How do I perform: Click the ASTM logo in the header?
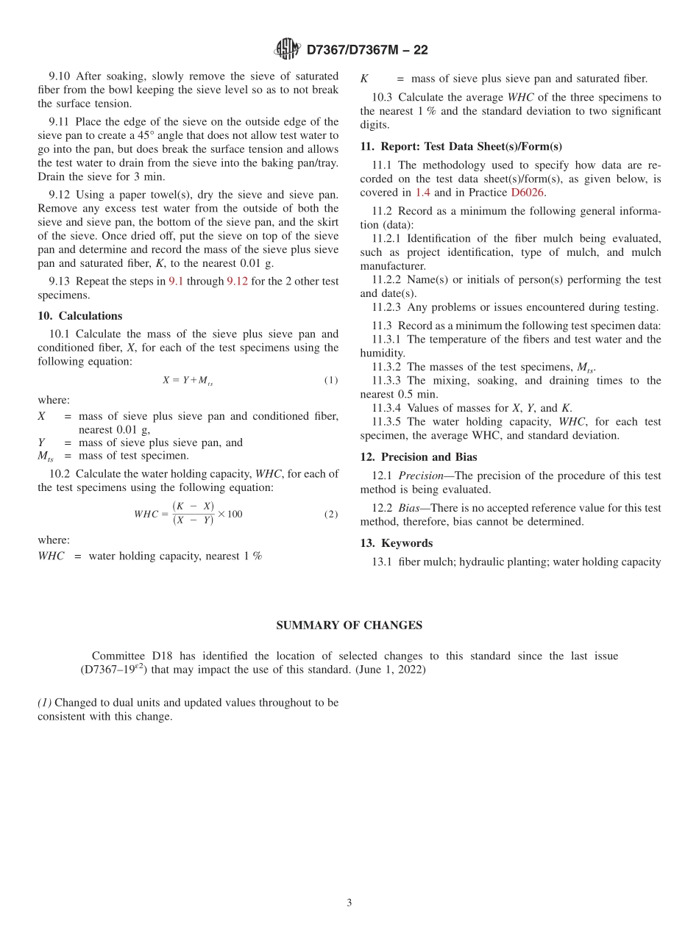(287, 49)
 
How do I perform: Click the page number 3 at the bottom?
(349, 903)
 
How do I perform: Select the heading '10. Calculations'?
(80, 316)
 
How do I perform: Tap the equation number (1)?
(331, 381)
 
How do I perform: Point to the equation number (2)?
(331, 515)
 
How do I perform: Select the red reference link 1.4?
(423, 193)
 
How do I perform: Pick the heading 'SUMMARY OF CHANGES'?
(349, 626)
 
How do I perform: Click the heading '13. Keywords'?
(397, 543)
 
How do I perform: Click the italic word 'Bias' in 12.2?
(411, 508)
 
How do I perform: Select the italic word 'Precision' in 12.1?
(421, 476)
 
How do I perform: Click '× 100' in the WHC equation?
(230, 514)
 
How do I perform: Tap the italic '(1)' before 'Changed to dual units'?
(45, 703)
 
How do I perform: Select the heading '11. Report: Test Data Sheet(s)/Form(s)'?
(461, 146)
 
